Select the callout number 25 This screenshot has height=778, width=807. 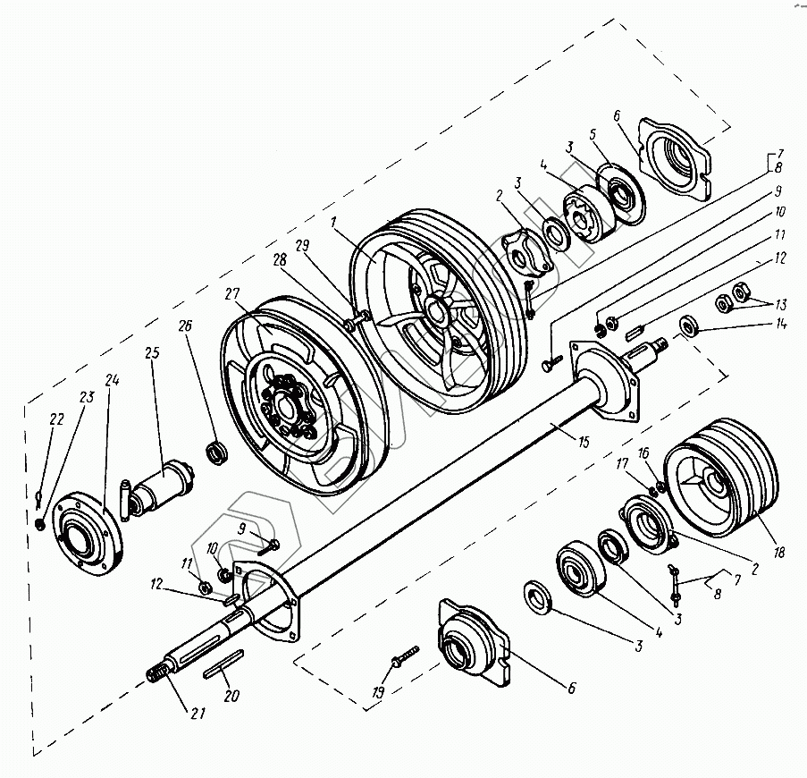click(x=152, y=354)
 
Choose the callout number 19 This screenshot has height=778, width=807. click(x=377, y=693)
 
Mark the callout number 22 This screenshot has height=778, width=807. click(x=56, y=419)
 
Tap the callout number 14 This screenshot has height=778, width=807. click(x=781, y=325)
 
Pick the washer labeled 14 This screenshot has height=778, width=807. click(x=688, y=326)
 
